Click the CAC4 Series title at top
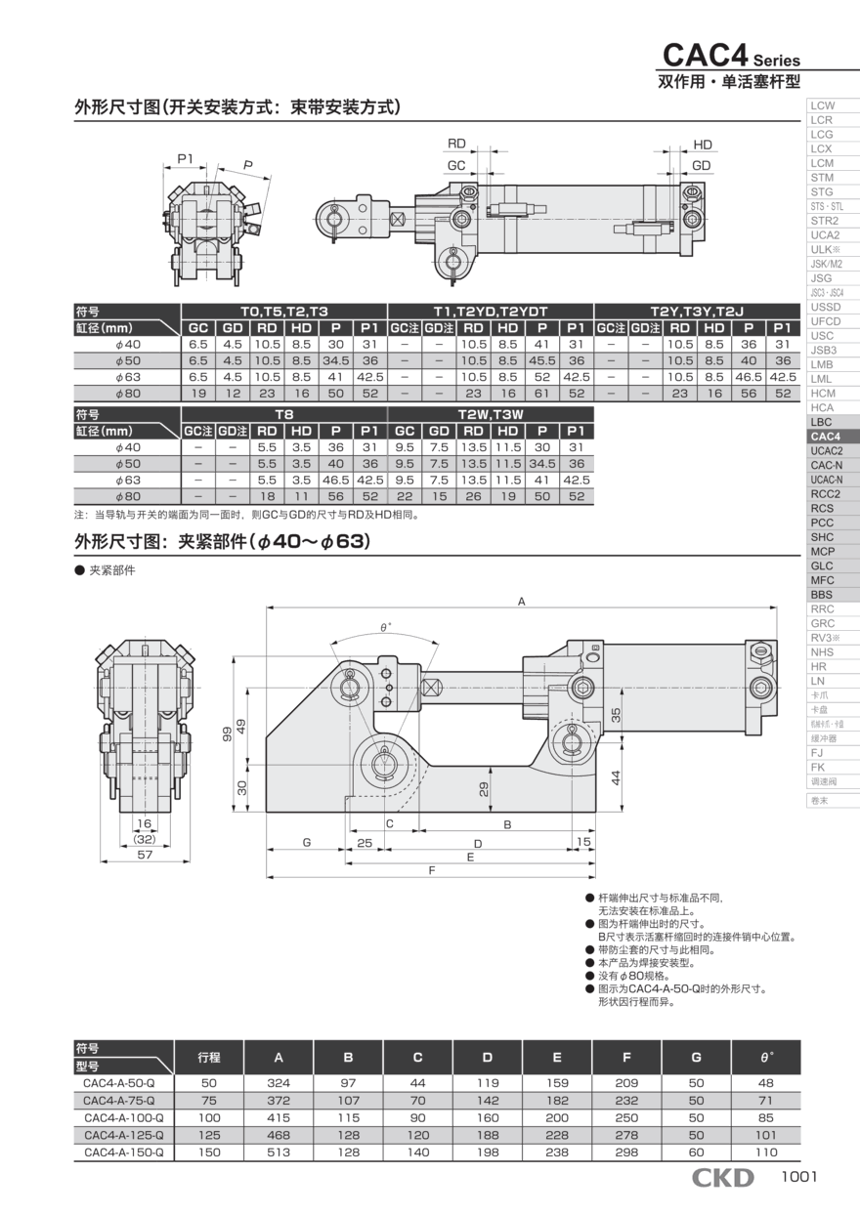[x=731, y=56]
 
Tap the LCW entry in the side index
[x=822, y=105]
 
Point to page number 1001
[x=798, y=1178]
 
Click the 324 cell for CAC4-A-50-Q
[x=279, y=1082]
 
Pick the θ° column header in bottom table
[x=765, y=1057]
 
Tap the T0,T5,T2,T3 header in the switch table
[x=284, y=311]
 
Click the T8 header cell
[x=284, y=414]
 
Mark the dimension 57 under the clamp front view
[x=145, y=854]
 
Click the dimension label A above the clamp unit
[x=522, y=602]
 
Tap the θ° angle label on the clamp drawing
[x=385, y=627]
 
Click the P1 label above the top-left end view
[x=185, y=157]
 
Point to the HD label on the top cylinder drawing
[x=702, y=145]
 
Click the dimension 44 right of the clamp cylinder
[x=616, y=776]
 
